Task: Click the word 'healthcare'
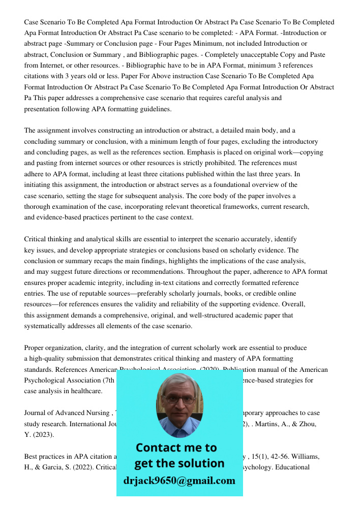point(86,391)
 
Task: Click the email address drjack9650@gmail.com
point(179,481)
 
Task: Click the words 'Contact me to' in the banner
point(176,448)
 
